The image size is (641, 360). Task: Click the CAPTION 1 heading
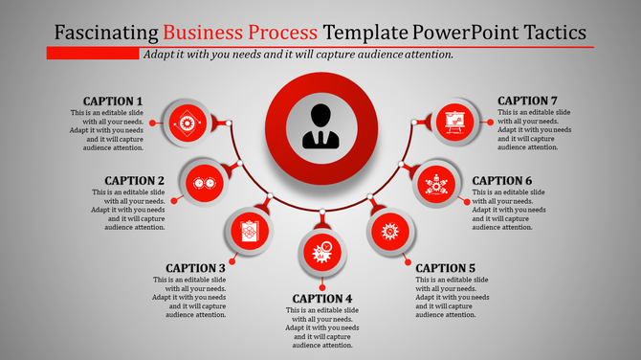tap(113, 101)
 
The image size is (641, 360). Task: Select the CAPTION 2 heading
tap(135, 181)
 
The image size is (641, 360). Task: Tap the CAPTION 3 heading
tap(195, 268)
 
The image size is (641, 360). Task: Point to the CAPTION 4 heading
tap(322, 299)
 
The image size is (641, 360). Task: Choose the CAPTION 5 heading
tap(446, 268)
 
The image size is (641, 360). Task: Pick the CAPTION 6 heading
tap(502, 181)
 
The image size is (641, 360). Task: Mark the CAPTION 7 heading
tap(528, 101)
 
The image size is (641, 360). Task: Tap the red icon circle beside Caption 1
tap(185, 122)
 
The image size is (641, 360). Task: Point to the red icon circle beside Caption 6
tap(437, 181)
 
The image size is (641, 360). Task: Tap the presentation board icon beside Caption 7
tap(455, 122)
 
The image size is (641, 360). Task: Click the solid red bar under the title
tap(94, 54)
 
